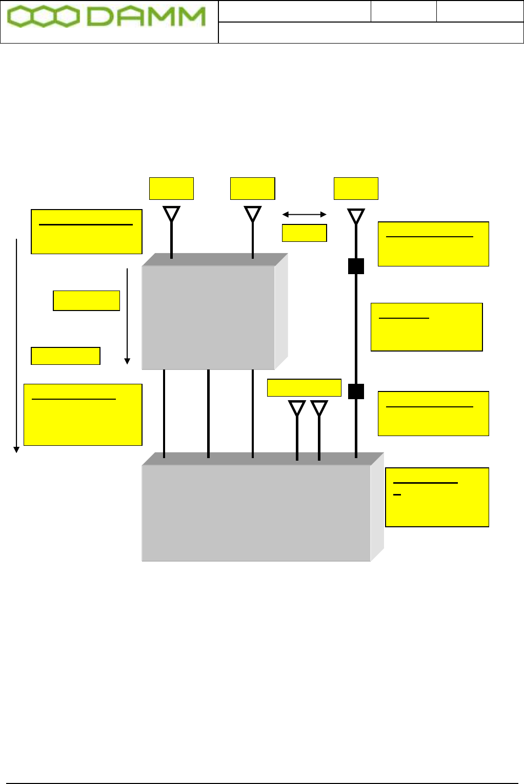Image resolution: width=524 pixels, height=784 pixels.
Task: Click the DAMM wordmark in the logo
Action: click(147, 17)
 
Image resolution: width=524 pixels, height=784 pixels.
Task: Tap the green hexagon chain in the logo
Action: click(44, 17)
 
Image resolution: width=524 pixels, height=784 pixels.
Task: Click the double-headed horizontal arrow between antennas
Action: click(305, 214)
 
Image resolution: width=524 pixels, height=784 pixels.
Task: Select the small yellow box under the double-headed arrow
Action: click(305, 233)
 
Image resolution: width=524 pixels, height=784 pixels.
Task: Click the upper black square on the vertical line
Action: click(356, 266)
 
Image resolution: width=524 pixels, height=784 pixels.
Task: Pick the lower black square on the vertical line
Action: click(356, 391)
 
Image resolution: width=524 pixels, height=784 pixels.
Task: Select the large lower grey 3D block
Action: click(256, 512)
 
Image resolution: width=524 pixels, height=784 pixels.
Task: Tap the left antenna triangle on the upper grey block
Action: click(171, 214)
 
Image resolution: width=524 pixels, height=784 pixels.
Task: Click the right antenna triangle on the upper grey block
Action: click(253, 214)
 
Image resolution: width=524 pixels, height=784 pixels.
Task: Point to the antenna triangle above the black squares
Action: click(356, 216)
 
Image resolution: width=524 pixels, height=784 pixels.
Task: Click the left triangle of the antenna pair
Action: click(297, 408)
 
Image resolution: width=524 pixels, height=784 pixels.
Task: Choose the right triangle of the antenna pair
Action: click(319, 408)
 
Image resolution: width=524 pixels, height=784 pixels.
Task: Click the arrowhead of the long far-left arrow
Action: click(16, 449)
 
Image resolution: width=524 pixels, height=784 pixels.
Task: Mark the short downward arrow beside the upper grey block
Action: click(127, 315)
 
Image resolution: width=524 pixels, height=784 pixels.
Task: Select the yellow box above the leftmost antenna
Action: click(171, 188)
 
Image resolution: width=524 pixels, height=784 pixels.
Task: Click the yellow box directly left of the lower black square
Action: click(304, 387)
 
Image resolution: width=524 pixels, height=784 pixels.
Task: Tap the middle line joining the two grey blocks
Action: click(208, 413)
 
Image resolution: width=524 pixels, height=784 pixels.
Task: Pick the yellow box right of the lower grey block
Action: click(437, 497)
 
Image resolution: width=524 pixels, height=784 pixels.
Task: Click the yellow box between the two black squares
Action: click(427, 327)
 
